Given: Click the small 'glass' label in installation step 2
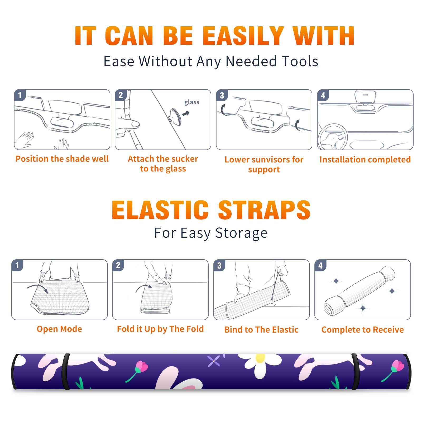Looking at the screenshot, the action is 192,102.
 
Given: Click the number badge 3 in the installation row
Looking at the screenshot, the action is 222,95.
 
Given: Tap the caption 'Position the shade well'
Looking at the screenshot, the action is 62,159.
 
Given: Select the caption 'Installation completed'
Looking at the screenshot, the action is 365,160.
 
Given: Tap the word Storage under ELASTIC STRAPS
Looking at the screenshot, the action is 241,233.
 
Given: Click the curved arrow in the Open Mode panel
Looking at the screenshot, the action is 37,287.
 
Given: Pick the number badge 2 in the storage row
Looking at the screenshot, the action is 118,265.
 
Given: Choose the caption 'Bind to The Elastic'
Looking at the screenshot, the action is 261,330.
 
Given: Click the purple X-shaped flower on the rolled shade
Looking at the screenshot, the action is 214,361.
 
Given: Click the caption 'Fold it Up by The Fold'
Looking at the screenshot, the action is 160,329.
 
